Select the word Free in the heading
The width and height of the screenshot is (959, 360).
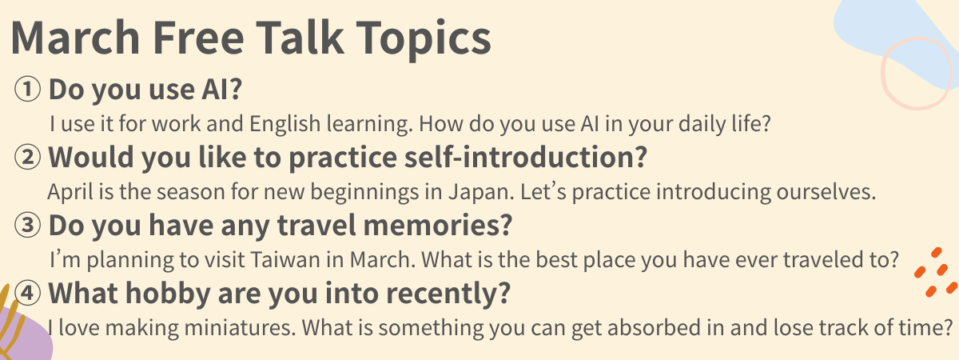coord(198,38)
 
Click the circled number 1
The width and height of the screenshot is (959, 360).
coord(27,89)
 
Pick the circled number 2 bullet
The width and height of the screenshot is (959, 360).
coord(27,157)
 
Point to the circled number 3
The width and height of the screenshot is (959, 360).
coord(27,225)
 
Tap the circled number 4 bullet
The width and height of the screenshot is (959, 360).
coord(27,293)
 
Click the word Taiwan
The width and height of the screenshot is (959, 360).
coord(285,260)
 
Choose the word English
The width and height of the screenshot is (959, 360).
coord(285,124)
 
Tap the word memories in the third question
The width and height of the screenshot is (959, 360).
coord(437,226)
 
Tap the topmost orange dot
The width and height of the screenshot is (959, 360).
coord(936,253)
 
